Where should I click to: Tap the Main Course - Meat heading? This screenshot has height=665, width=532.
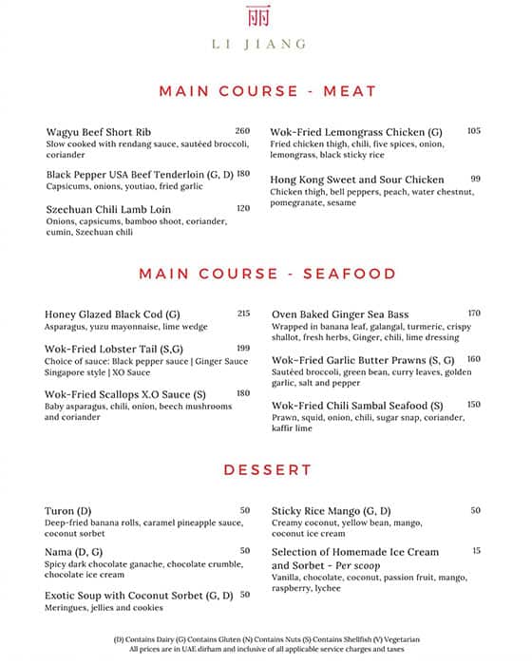(x=267, y=91)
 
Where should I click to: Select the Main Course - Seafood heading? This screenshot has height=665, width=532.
(x=267, y=274)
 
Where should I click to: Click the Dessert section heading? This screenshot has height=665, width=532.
(x=267, y=469)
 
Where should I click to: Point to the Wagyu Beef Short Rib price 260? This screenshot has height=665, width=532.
(x=242, y=130)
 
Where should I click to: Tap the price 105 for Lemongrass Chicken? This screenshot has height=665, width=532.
(x=473, y=131)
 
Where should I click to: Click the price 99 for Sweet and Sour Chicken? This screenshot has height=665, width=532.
(x=475, y=179)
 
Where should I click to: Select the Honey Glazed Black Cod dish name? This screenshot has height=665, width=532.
(x=112, y=313)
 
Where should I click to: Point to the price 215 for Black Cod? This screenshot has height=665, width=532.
(x=243, y=313)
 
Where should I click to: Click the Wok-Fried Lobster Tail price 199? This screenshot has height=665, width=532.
(x=243, y=348)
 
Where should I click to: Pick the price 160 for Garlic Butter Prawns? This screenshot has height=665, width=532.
(x=473, y=359)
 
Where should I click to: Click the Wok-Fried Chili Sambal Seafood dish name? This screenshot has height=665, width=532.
(x=357, y=405)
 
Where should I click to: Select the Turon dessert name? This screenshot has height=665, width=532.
(x=66, y=510)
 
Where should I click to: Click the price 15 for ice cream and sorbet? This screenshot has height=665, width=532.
(x=476, y=550)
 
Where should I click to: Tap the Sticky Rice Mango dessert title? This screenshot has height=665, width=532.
(x=332, y=510)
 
